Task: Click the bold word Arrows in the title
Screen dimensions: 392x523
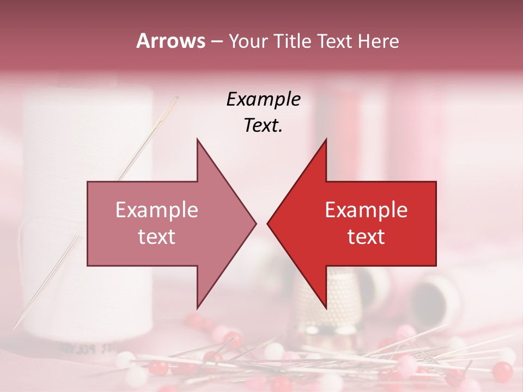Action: (171, 41)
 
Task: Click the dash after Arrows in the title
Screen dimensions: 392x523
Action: (216, 42)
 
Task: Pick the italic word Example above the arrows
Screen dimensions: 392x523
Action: (263, 100)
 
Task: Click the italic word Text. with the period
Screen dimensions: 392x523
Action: (263, 126)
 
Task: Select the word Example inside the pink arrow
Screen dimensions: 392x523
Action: (157, 210)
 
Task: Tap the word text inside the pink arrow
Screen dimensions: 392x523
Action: (157, 237)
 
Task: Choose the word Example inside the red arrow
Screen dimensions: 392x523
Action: (366, 210)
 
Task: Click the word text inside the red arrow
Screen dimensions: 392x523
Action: (366, 237)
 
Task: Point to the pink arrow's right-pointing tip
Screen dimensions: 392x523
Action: (256, 223)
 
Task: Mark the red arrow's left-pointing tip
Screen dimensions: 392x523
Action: (267, 223)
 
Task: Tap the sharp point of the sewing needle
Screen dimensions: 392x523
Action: (16, 327)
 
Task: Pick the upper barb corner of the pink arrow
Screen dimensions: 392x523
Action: (197, 139)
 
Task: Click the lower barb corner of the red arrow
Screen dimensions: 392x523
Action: (326, 308)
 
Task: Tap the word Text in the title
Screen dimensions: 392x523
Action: (334, 41)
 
